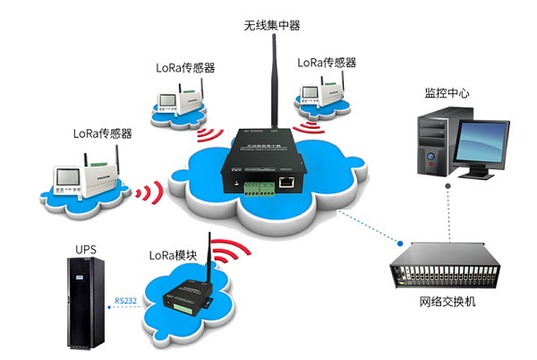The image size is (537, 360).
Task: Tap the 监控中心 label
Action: (448, 92)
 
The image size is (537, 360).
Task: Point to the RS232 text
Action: (125, 301)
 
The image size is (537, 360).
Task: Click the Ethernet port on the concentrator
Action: (288, 182)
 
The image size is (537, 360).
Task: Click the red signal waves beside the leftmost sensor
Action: (151, 193)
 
